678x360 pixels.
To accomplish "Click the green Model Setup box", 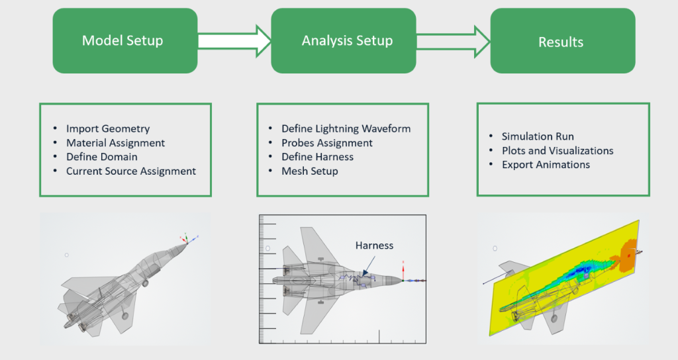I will (124, 41).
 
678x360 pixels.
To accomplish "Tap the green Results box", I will (562, 42).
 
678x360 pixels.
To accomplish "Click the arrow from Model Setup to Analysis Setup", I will (234, 41).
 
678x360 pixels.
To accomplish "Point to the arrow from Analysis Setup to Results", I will (453, 41).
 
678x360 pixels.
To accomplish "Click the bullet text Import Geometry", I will (108, 128).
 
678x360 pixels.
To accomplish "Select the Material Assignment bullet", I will (115, 143).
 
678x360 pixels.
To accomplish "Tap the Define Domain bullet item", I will (101, 157).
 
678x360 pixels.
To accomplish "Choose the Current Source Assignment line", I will (130, 171).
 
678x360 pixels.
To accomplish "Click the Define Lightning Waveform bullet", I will (346, 128).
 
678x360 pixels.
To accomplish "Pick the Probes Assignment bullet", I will (326, 143).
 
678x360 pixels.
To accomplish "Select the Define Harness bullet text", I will (317, 157).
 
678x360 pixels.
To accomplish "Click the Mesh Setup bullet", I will (309, 171).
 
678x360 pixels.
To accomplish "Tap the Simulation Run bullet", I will (537, 136).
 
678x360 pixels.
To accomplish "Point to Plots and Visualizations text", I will (557, 150).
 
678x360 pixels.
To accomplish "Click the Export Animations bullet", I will (545, 164).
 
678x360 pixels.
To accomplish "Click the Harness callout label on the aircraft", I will (374, 246).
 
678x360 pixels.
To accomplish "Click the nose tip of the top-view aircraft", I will (402, 280).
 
